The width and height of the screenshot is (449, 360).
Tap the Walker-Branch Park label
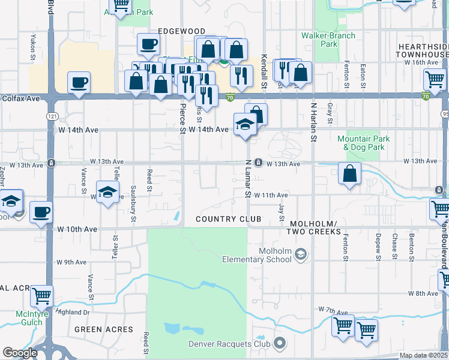coord(337,40)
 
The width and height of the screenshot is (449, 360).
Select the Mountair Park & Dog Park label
coord(367,143)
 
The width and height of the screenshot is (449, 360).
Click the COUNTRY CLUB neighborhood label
coord(229,219)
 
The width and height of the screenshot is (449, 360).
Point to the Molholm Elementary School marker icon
coord(300,256)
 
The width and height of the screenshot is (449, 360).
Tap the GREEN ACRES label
coord(104,329)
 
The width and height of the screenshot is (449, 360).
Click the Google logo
coord(20,353)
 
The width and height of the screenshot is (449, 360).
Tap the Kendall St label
coord(264,71)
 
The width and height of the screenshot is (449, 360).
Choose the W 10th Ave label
coord(77,229)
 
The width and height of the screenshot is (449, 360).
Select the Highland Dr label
coord(73,312)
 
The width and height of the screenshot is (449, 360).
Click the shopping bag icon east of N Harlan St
coord(349,174)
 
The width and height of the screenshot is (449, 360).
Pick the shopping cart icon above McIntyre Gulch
coord(41,296)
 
